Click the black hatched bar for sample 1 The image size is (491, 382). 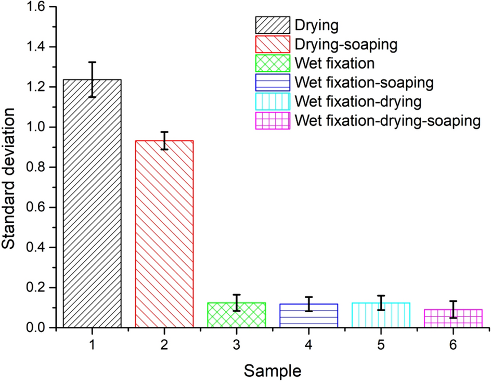(92, 203)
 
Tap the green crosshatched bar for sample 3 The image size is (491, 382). (237, 315)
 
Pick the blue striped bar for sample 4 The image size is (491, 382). (309, 315)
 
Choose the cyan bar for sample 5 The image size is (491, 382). (381, 315)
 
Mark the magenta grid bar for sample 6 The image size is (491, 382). (453, 318)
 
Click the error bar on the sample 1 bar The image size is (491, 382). (92, 80)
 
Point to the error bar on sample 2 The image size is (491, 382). (164, 141)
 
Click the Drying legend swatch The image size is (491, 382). (272, 25)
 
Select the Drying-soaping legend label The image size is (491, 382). (346, 44)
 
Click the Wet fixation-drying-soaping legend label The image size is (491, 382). (386, 121)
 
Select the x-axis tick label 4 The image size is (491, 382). (309, 345)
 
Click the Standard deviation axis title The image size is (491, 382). (11, 167)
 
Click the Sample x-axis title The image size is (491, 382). (273, 371)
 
